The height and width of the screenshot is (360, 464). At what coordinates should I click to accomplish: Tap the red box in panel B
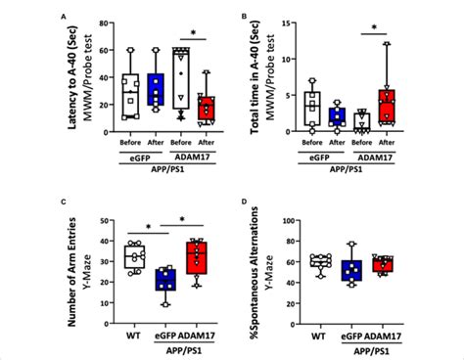point(388,105)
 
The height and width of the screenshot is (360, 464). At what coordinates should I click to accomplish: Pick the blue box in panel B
point(337,116)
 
